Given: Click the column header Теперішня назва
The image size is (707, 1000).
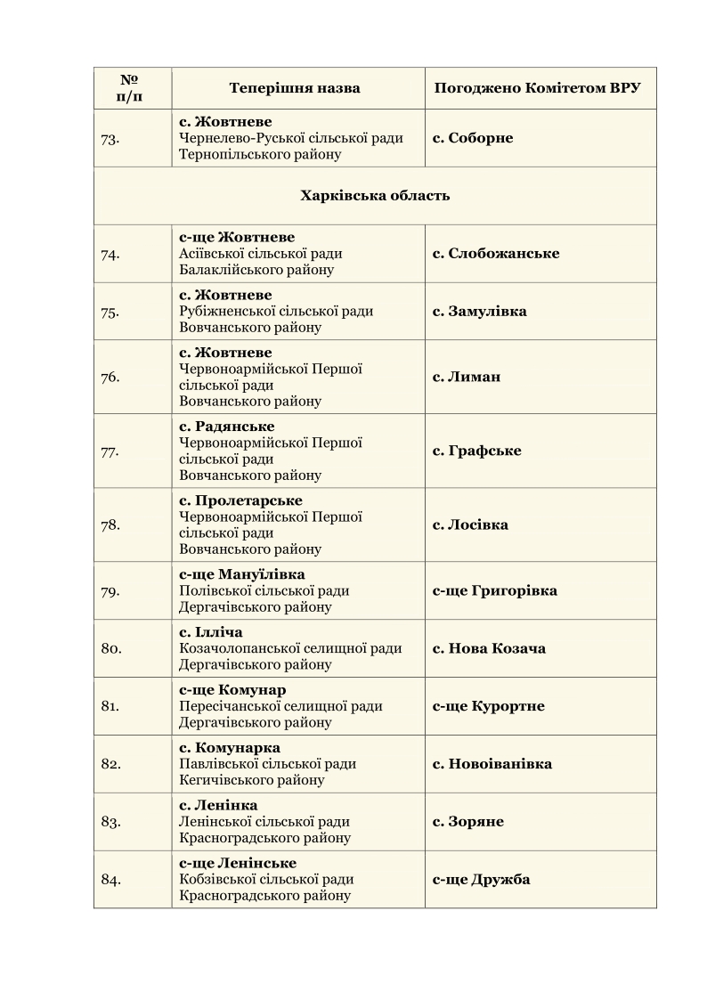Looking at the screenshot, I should click(295, 89).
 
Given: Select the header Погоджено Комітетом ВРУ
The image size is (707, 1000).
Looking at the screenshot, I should click(538, 89).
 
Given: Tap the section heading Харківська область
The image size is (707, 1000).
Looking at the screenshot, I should click(375, 196).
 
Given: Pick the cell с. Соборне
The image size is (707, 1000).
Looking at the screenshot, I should click(473, 138).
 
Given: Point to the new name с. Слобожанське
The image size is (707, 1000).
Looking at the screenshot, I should click(496, 254).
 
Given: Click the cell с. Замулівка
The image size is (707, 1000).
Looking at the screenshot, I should click(479, 312).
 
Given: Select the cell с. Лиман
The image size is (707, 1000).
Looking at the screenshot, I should click(467, 377).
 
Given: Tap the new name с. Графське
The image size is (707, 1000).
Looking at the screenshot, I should click(477, 451).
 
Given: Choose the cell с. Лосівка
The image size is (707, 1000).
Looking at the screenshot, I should click(470, 525).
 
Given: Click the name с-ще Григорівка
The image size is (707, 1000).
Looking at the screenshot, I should click(495, 591).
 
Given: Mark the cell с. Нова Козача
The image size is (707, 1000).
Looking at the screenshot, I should click(489, 648).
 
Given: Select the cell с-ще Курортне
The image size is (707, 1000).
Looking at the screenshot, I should click(488, 706).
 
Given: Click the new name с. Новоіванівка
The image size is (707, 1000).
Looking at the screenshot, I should click(492, 764).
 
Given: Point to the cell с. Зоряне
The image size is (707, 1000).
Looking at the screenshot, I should click(468, 822).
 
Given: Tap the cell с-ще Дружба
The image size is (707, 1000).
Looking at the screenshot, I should click(481, 880).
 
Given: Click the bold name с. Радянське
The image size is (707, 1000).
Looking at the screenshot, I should click(227, 427).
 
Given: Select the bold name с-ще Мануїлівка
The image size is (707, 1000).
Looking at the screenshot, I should click(242, 574).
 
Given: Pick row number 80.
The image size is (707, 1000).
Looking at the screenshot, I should click(111, 648).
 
